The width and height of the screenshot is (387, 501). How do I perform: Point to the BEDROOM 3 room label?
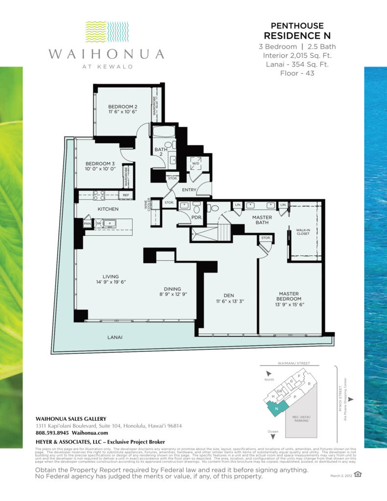(100, 164)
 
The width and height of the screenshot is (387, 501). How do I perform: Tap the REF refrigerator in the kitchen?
(126, 195)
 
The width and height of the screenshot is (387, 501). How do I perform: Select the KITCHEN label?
(94, 209)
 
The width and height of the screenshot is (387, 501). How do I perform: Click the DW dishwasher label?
(99, 224)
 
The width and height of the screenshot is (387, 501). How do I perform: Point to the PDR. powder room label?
(183, 217)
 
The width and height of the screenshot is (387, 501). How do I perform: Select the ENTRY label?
(189, 189)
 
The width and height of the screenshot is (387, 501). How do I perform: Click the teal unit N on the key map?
(276, 408)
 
